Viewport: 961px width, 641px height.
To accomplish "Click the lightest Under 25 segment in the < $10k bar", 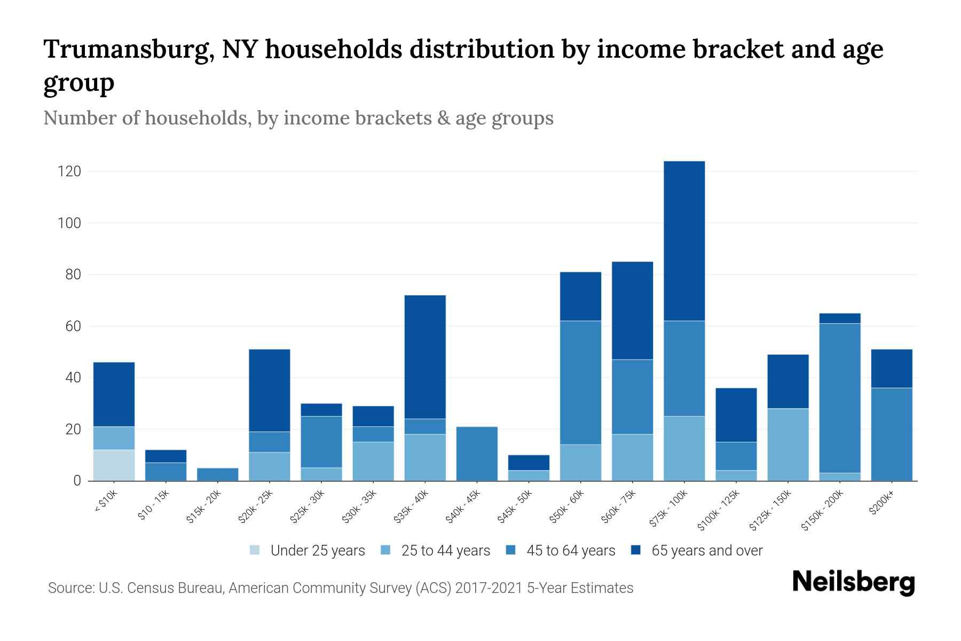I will [114, 465].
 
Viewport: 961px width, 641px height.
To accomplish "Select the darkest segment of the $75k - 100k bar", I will [684, 240].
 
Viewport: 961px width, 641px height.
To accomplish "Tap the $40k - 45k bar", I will [477, 454].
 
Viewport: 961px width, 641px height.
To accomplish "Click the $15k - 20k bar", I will [217, 474].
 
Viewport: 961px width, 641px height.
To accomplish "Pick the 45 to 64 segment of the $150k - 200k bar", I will [840, 398].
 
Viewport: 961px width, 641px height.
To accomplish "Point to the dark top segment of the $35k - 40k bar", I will [425, 357].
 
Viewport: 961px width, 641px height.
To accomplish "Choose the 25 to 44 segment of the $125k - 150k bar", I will [787, 444].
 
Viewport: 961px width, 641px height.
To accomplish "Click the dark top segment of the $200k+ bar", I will [891, 369].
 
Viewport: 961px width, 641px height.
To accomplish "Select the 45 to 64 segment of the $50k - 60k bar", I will [580, 382].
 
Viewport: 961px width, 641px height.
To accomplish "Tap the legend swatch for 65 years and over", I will [636, 550].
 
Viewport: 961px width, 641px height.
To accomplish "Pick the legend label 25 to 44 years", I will [445, 551].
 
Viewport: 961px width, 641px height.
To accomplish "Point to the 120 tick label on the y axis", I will [69, 171].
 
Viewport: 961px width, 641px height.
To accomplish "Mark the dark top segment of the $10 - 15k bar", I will [166, 456].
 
